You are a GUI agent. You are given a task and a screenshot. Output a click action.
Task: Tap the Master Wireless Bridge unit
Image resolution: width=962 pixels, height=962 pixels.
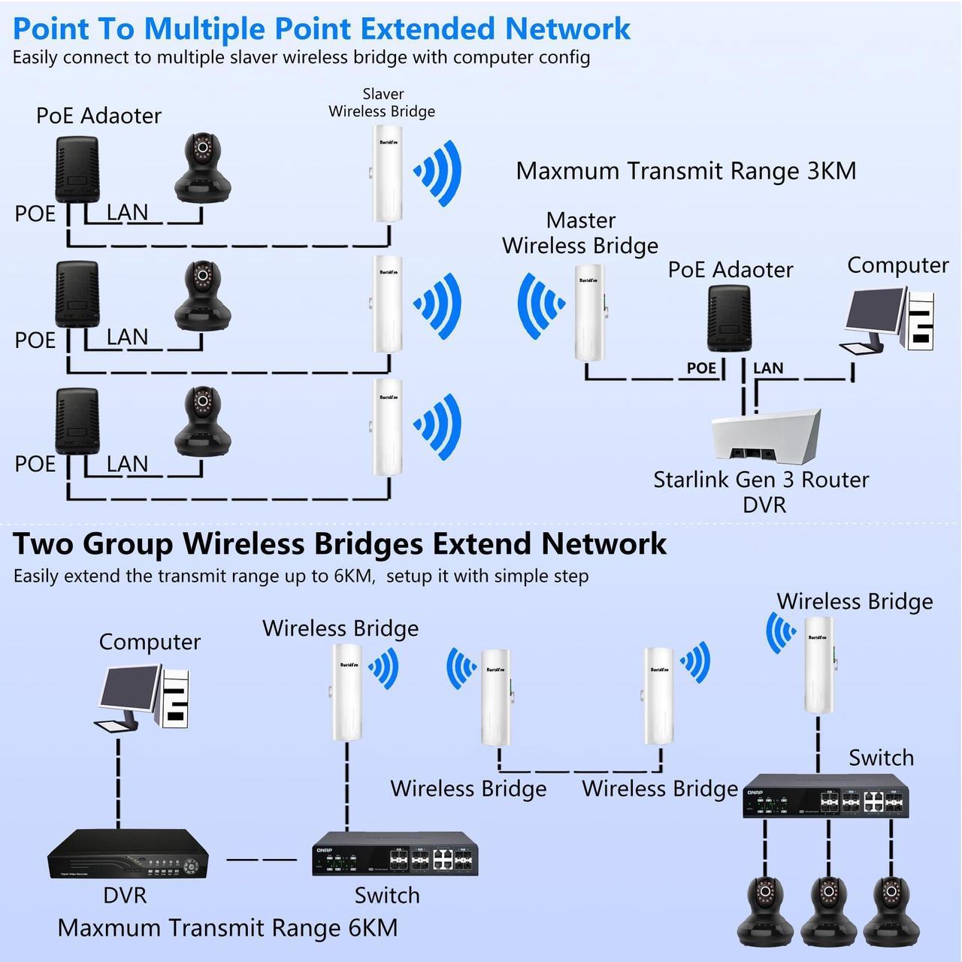[591, 313]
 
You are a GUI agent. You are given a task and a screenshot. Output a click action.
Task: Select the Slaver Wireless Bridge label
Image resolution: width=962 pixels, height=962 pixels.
[382, 103]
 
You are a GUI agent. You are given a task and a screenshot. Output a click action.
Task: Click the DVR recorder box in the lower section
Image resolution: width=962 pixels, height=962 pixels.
[129, 855]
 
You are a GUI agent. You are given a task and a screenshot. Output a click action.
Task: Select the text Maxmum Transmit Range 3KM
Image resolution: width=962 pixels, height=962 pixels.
[685, 171]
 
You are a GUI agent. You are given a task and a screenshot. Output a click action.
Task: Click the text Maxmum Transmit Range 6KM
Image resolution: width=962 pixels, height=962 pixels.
[228, 928]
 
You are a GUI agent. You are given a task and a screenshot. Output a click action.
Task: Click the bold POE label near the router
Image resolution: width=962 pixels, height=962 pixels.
[701, 368]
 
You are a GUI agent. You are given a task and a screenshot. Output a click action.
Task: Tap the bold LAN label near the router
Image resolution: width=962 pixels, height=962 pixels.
[768, 368]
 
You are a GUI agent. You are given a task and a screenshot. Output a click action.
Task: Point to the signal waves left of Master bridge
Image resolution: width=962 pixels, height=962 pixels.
[540, 305]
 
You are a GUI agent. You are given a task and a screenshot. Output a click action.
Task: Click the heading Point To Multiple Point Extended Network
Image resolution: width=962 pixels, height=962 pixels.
[322, 29]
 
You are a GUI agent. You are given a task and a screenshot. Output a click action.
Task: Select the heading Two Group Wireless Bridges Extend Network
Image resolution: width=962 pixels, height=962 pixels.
[340, 543]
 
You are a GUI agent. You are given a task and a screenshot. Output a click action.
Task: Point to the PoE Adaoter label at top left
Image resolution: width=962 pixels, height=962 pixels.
[98, 116]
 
